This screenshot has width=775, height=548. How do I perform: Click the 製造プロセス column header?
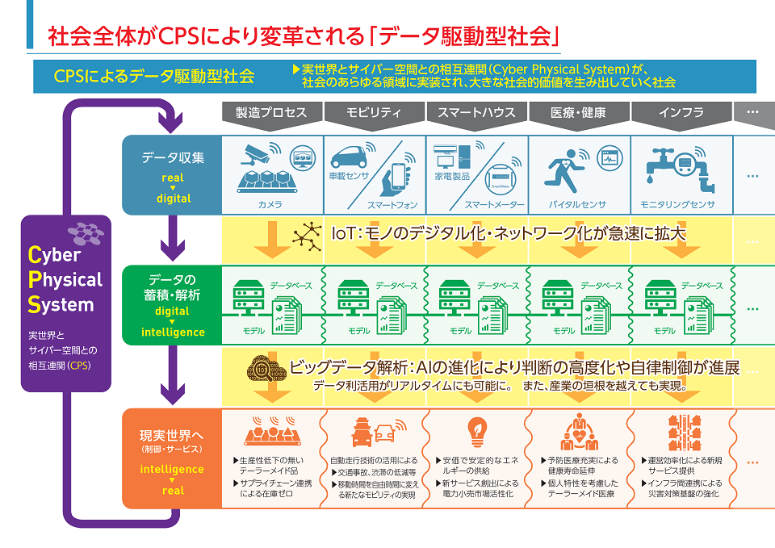tap(271, 113)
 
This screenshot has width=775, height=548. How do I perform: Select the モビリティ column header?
tap(374, 113)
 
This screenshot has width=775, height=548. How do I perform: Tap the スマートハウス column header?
tap(476, 113)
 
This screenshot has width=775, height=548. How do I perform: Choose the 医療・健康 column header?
tap(578, 113)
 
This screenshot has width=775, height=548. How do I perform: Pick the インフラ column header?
tap(681, 113)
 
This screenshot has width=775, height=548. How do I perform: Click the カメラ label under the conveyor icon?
tap(270, 205)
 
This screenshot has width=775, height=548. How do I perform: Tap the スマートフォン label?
tap(391, 205)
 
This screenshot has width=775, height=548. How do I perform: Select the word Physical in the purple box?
tap(65, 280)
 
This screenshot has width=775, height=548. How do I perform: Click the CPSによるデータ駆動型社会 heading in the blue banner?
tap(153, 77)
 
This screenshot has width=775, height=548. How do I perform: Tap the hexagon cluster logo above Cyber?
tap(86, 232)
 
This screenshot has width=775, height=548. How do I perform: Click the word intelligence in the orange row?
tap(172, 469)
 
